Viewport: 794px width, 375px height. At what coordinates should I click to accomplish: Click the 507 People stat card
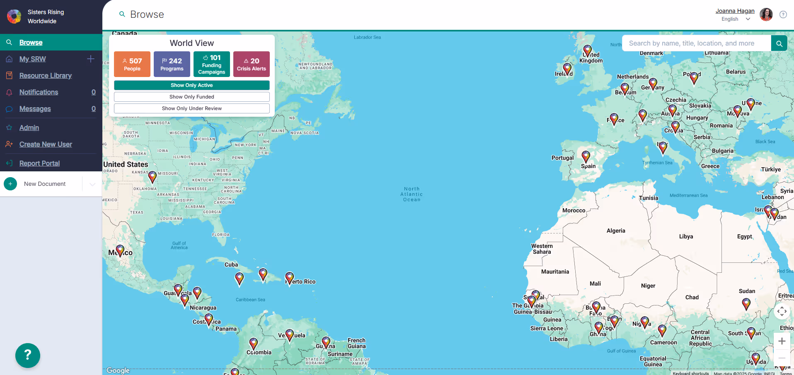132,64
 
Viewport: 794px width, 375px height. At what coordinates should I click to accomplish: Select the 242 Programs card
172,64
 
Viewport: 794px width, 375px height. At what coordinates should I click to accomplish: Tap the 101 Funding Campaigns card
212,64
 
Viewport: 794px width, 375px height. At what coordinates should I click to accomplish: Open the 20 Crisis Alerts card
252,64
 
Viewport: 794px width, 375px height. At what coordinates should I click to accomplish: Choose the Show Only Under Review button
192,108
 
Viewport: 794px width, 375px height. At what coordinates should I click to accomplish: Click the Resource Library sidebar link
46,76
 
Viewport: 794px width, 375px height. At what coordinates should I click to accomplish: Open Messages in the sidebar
35,109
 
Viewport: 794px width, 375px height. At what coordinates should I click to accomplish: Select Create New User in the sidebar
46,144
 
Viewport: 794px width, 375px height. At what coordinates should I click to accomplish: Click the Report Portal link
39,163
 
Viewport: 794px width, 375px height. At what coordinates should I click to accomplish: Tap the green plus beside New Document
10,184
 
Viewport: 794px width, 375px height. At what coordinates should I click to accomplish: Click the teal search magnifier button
779,43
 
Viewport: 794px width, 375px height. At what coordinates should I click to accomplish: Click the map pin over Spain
586,156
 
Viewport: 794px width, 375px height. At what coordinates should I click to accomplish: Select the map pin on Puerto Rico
290,278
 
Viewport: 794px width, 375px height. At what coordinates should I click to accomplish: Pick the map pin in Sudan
746,304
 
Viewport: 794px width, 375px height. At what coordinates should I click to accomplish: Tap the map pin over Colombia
254,344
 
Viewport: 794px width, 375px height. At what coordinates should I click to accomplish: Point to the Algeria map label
616,231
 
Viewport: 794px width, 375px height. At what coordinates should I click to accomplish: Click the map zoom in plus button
782,341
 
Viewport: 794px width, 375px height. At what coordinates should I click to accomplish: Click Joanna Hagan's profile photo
766,14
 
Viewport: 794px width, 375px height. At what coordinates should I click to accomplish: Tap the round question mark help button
28,355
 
